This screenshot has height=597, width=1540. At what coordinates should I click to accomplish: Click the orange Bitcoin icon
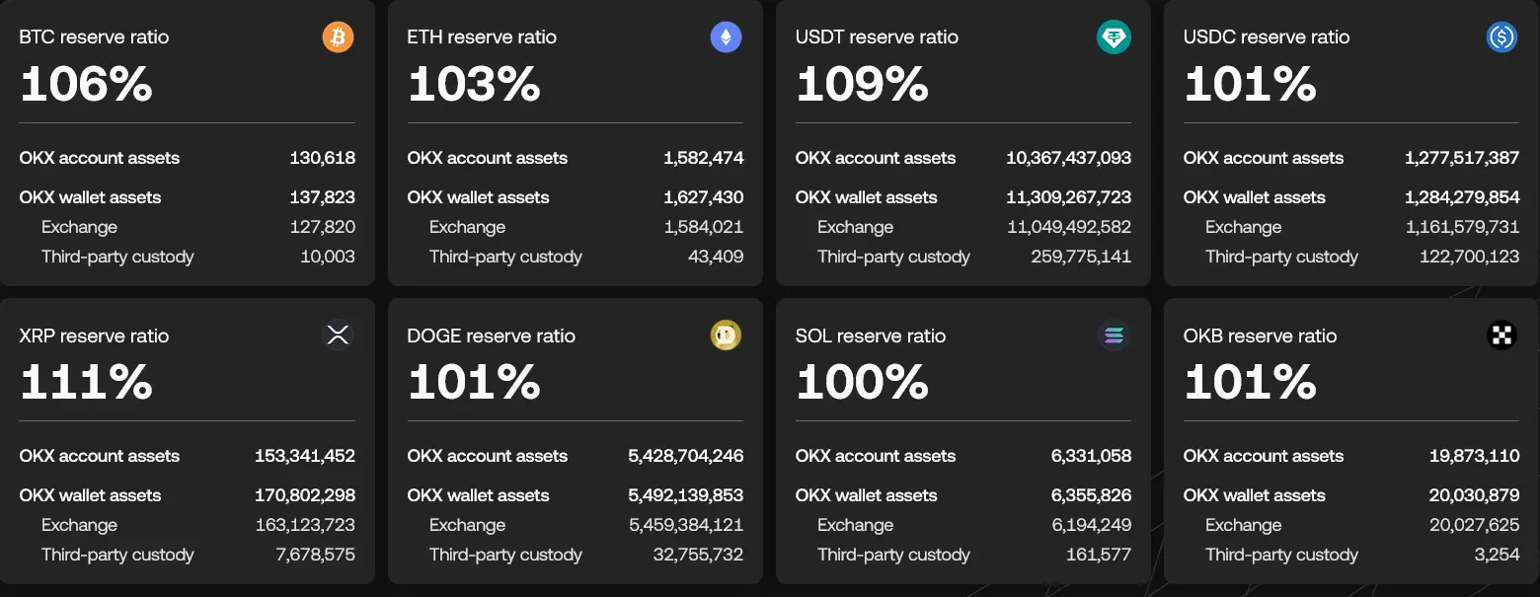tap(338, 37)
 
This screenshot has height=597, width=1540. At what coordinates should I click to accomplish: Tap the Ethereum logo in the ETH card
tap(726, 37)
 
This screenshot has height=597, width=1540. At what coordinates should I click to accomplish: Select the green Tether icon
tap(1114, 37)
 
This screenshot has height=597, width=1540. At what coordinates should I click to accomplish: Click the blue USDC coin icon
tap(1501, 37)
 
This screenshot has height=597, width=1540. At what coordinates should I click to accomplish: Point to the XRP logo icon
tap(338, 336)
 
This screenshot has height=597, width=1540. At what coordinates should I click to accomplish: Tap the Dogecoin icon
tap(726, 336)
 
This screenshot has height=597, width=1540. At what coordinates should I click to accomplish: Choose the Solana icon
tap(1114, 336)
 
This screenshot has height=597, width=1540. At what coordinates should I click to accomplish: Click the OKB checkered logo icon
tap(1501, 336)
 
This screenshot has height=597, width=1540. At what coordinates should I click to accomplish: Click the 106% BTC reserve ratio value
tap(86, 84)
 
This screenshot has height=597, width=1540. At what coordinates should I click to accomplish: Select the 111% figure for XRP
tap(86, 382)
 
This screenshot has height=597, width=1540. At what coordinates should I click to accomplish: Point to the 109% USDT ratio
tap(862, 84)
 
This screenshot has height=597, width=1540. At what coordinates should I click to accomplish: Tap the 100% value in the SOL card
tap(862, 382)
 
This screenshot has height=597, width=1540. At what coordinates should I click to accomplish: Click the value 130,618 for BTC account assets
tap(322, 158)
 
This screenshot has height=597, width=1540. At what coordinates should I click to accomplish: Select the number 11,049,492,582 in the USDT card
tap(1069, 227)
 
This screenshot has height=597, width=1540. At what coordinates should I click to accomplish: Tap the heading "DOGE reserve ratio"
tap(491, 336)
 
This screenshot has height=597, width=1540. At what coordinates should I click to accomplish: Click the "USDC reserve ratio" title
tap(1267, 37)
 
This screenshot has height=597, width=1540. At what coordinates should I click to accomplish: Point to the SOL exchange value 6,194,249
tap(1091, 525)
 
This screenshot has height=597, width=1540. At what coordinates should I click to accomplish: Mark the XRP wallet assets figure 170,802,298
tap(305, 495)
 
